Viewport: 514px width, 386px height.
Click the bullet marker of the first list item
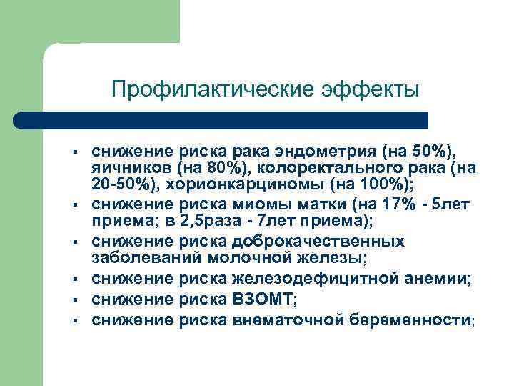pos(74,152)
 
